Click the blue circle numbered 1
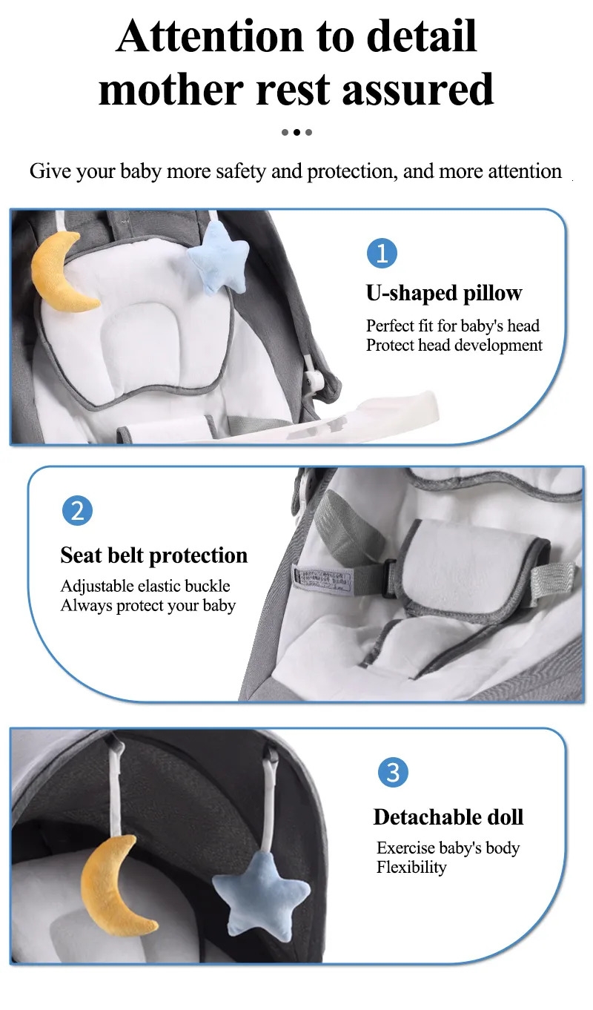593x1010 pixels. point(382,253)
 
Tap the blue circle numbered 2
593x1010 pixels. point(77,511)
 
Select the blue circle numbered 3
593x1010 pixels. point(393,772)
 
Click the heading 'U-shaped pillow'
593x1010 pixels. point(444,293)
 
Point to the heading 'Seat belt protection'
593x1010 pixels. point(154,555)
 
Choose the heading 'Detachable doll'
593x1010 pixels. point(448,817)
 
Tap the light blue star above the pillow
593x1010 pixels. point(219,256)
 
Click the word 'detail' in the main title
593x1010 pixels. point(421,36)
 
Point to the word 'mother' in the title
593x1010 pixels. point(171,89)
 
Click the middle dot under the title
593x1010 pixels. point(296,132)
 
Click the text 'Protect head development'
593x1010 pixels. point(454,346)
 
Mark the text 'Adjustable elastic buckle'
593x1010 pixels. point(145,586)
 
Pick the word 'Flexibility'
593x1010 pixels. point(411,867)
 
